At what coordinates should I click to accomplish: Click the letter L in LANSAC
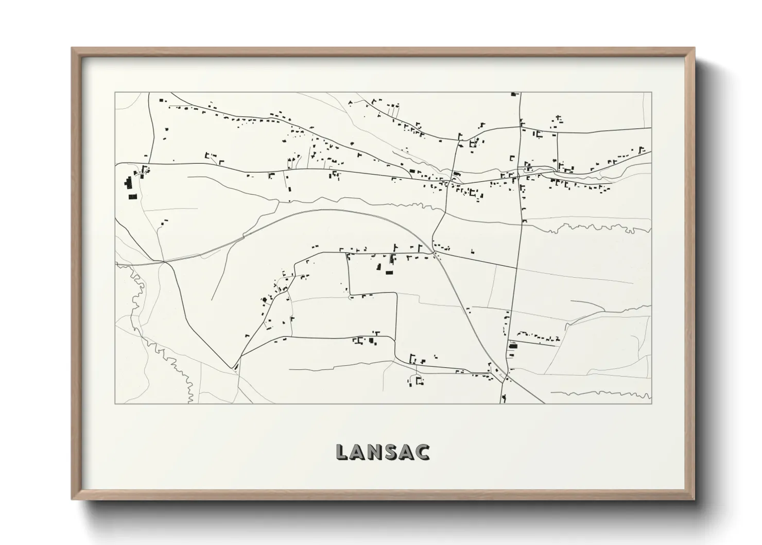coord(342,452)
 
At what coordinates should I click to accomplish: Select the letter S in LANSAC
coord(393,452)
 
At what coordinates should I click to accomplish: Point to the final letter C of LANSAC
coord(423,452)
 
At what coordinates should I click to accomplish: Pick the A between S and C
coord(408,452)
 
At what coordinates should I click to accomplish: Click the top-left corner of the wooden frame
coord(72,48)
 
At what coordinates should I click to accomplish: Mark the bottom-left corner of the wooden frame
coord(72,499)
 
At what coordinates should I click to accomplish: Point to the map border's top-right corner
coord(651,93)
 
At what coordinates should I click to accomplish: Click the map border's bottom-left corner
coord(115,403)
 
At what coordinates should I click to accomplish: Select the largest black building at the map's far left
coord(127,182)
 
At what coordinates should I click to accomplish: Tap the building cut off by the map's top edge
coord(513,94)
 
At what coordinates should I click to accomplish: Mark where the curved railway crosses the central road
coord(436,253)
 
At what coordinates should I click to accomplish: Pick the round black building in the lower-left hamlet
coord(265,299)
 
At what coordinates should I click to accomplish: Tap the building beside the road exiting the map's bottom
coord(504,397)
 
